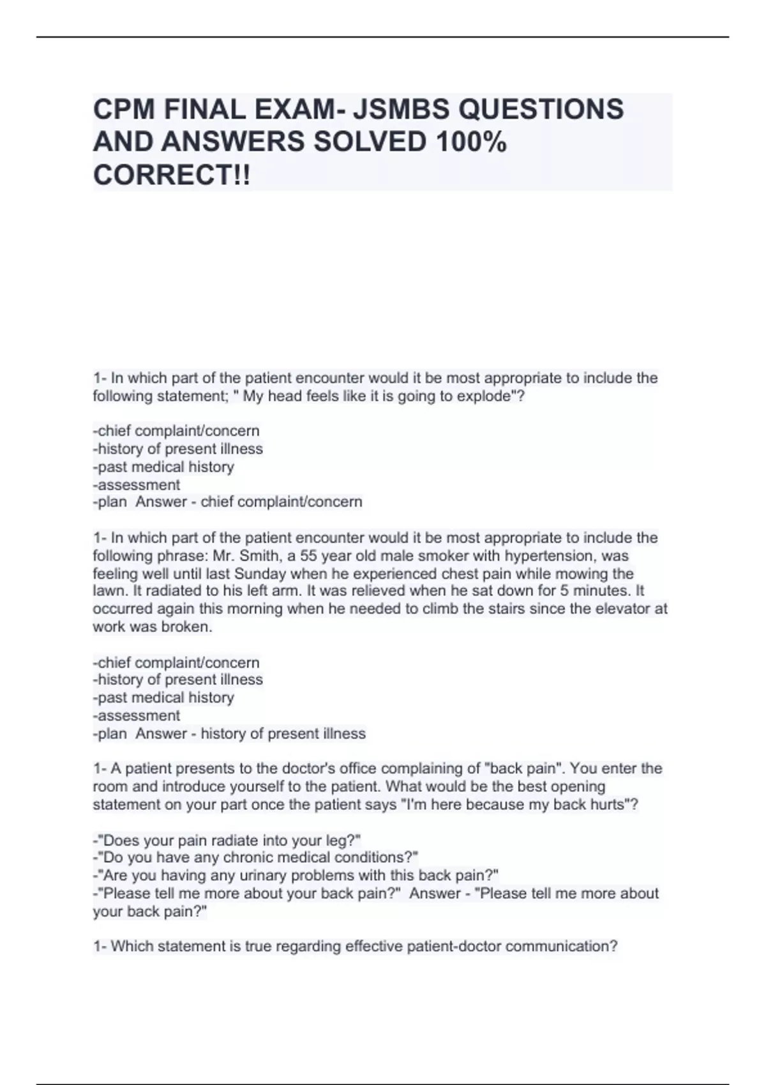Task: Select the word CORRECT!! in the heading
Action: pos(172,175)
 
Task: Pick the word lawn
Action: pos(107,591)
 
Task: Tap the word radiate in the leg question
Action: pos(237,841)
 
